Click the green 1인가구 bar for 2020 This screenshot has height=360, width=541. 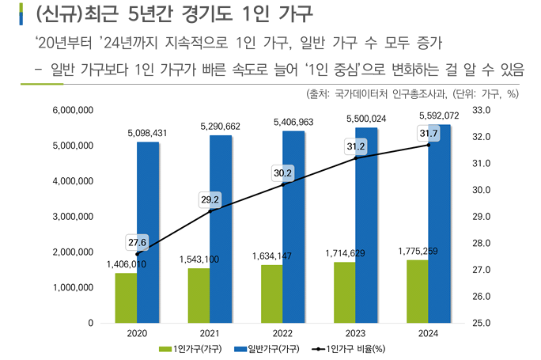(x=126, y=298)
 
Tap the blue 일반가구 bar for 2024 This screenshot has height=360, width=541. (x=439, y=224)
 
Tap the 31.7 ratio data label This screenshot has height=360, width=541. (x=429, y=134)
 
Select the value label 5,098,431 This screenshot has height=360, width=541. (x=147, y=133)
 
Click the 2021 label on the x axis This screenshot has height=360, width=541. (x=210, y=335)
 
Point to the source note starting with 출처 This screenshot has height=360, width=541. (x=411, y=93)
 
